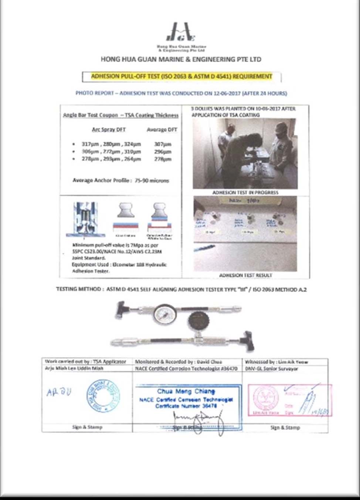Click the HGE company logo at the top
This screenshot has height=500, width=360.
[180, 33]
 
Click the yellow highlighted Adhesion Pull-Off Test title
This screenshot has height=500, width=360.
[181, 76]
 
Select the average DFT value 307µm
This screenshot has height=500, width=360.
[163, 144]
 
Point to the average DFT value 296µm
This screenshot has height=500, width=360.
[163, 152]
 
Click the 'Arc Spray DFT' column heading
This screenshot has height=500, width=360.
[109, 130]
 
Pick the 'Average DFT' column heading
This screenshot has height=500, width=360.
[162, 130]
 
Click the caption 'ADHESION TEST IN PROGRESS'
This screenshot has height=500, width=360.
[245, 193]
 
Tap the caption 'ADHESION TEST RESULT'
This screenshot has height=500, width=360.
[245, 275]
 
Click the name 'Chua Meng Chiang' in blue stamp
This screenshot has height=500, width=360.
[186, 391]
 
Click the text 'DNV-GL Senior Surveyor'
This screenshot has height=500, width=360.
[271, 369]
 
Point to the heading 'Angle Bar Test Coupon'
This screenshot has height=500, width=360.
[90, 115]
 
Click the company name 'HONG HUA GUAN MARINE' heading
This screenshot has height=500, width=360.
[181, 59]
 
